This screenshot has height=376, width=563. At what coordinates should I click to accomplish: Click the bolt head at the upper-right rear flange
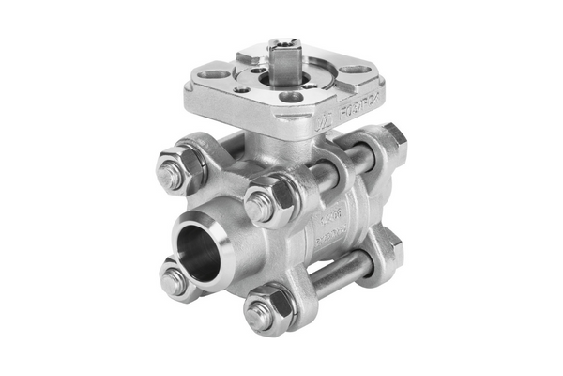click(x=393, y=139)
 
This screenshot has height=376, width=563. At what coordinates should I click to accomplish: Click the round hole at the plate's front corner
click(x=292, y=97)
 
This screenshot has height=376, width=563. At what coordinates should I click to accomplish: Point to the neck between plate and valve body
click(x=272, y=141)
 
